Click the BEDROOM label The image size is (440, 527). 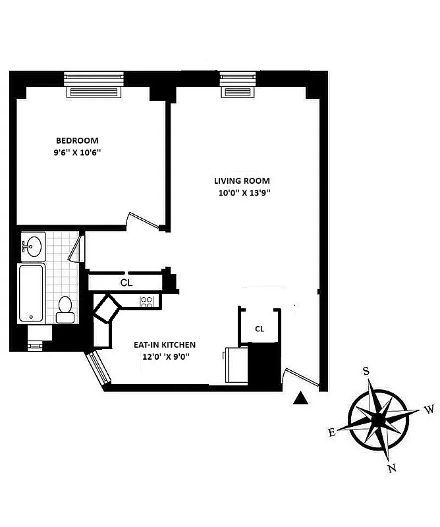77,140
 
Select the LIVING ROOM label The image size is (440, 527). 242,181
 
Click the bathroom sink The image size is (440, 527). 31,246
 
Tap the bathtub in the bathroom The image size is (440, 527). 31,292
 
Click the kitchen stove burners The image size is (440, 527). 147,302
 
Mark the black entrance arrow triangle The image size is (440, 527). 300,397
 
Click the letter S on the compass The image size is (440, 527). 366,371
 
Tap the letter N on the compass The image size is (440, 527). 391,469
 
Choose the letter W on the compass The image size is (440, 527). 429,410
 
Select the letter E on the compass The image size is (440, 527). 331,432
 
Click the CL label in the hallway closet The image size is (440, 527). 126,283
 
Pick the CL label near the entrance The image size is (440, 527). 260,329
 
